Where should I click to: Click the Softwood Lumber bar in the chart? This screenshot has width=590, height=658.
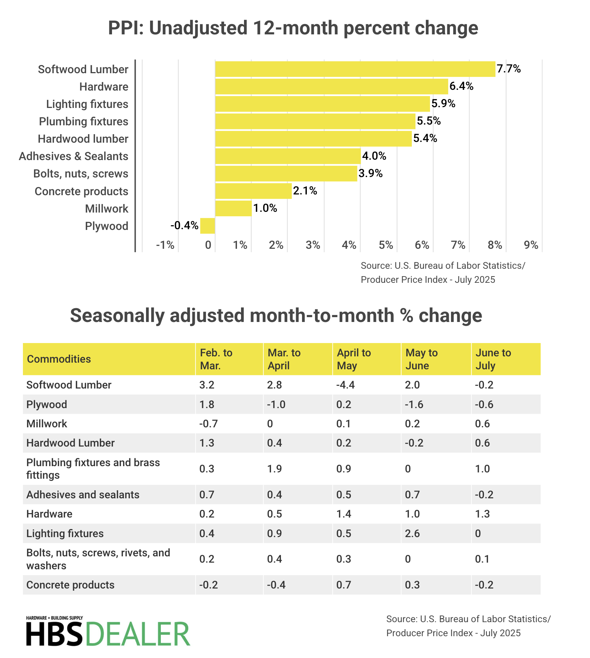click(x=355, y=69)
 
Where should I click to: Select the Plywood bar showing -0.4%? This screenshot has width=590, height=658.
click(x=207, y=226)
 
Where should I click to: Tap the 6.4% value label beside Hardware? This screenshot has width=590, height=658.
click(x=461, y=87)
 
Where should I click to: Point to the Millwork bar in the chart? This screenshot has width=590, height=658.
click(x=233, y=208)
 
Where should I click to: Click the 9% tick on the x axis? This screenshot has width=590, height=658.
click(x=531, y=245)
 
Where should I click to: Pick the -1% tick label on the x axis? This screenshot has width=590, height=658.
click(x=165, y=245)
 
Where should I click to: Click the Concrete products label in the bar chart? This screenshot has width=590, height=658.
click(x=81, y=191)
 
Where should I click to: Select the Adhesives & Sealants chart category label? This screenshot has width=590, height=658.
click(x=74, y=156)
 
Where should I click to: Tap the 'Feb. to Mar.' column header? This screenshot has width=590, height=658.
click(x=216, y=359)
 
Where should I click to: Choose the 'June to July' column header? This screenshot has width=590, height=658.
click(x=493, y=359)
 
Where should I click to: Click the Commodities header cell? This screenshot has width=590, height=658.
click(x=59, y=359)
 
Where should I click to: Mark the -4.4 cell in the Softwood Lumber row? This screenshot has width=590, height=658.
click(x=345, y=385)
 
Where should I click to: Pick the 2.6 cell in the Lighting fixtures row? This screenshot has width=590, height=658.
click(x=413, y=533)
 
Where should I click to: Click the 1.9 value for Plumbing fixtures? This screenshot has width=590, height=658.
click(x=274, y=469)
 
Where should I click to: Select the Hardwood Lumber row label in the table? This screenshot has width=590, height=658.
click(x=71, y=443)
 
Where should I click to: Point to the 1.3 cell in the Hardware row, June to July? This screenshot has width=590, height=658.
click(x=482, y=514)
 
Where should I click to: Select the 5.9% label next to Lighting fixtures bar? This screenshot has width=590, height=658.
click(x=443, y=104)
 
